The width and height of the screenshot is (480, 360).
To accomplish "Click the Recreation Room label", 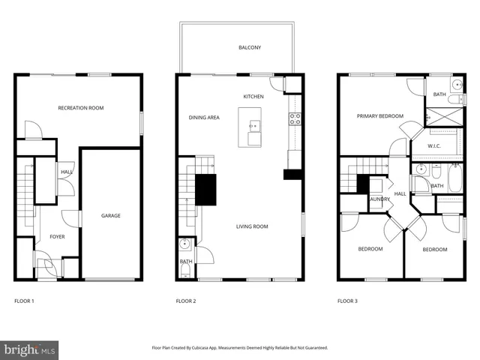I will (x=81, y=108).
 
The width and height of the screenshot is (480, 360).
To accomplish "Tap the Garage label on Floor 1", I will (x=111, y=216).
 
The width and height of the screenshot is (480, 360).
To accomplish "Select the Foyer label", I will (x=57, y=236).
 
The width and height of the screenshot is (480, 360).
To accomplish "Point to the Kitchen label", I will (x=253, y=97).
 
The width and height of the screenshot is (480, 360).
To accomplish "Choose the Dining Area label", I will (x=204, y=118).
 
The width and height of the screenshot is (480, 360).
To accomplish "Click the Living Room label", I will (x=252, y=226).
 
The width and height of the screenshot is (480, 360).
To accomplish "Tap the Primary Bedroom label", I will (x=379, y=116).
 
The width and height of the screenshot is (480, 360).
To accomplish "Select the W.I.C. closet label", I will (x=433, y=145).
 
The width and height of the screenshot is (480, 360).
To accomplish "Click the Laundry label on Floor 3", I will (x=377, y=199).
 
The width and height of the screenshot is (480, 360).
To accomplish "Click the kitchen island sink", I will (x=254, y=124).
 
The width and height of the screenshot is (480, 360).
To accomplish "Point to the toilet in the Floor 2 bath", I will (x=185, y=244).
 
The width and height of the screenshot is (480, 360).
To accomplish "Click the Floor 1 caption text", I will (x=25, y=301).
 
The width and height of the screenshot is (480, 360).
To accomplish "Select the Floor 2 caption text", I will (x=186, y=301).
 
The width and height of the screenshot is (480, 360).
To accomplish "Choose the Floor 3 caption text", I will (x=347, y=301).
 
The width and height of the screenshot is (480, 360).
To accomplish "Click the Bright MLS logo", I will (x=30, y=349).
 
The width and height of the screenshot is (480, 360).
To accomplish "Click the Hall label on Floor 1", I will (x=66, y=172).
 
